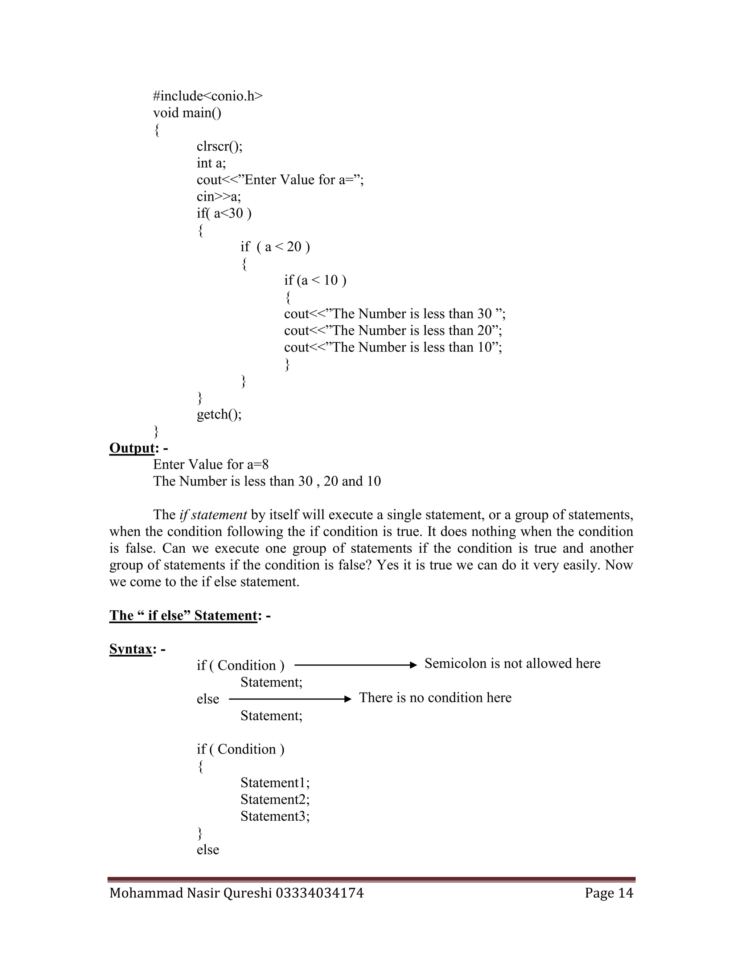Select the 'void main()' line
point(187,113)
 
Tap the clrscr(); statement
point(219,147)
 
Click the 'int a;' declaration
point(211,163)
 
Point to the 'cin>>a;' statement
point(219,197)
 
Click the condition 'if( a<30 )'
point(224,213)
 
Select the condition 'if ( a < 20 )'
point(275,247)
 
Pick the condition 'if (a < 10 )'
point(315,280)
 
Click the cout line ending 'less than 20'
point(393,330)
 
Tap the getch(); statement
point(219,414)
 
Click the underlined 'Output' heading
point(132,448)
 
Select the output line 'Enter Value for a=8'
point(211,465)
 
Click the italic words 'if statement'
point(213,515)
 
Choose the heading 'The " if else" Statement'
point(183,615)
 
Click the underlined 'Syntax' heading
point(131,649)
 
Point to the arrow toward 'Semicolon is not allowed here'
point(355,665)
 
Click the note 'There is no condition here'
point(435,698)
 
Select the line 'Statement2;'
point(275,800)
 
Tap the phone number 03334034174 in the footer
point(320,893)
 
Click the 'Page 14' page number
point(609,893)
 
